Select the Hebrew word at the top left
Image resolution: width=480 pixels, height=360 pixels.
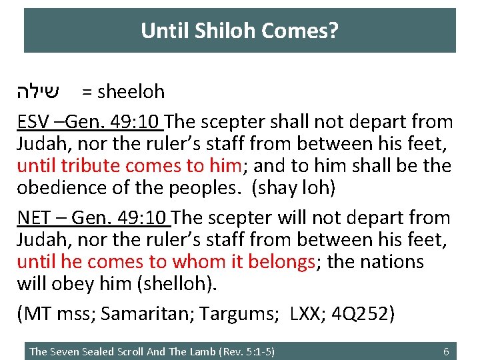tap(41, 91)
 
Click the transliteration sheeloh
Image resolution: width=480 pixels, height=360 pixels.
tap(131, 91)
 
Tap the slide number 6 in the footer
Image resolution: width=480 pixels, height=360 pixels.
tap(446, 351)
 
